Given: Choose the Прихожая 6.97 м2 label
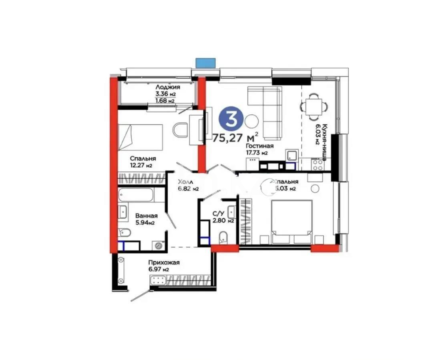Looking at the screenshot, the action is pos(163,266).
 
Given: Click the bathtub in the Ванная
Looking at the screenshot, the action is pos(136,195).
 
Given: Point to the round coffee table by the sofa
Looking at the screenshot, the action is pos(252,120).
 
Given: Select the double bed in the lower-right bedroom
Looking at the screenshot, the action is pos(291,222).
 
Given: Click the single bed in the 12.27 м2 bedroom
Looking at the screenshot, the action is pos(140,136).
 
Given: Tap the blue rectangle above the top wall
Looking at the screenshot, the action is pos(205,63).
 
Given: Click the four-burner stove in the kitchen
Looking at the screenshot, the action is pos(317,164).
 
